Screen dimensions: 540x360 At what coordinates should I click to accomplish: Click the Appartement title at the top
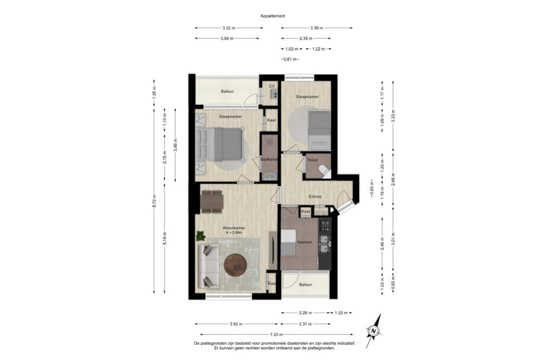[x=273, y=16]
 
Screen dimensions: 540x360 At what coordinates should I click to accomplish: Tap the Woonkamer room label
[x=234, y=228]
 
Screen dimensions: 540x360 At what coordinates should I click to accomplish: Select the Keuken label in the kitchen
[x=304, y=242]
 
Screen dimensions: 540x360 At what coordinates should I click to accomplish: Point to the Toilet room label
[x=312, y=160]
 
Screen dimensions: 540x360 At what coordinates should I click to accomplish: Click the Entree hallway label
[x=315, y=197]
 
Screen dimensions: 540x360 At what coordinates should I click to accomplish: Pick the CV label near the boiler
[x=272, y=86]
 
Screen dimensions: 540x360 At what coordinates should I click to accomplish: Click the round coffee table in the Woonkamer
[x=235, y=265]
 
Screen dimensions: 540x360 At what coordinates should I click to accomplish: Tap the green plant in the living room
[x=200, y=236]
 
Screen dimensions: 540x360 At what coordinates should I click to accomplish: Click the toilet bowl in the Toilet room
[x=324, y=171]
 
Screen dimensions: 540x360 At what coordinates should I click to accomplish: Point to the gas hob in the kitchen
[x=325, y=226]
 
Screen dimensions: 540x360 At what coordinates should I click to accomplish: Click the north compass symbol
[x=373, y=330]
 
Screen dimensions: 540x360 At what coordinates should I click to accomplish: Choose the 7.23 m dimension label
[x=276, y=334]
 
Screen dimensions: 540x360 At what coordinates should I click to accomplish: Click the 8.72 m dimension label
[x=155, y=200]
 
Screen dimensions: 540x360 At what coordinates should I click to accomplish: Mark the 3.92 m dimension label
[x=236, y=324]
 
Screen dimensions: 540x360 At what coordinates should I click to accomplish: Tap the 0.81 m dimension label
[x=290, y=59]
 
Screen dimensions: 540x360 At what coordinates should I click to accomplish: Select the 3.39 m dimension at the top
[x=316, y=28]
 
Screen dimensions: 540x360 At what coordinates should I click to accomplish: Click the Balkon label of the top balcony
[x=227, y=91]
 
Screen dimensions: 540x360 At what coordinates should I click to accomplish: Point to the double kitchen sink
[x=324, y=244]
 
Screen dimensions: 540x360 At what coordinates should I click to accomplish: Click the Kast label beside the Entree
[x=306, y=211]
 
